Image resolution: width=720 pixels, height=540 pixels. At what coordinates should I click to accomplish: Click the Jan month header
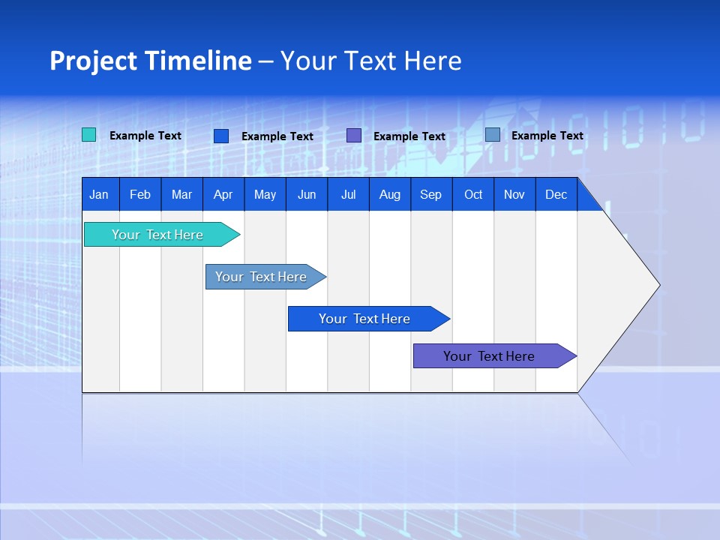pyautogui.click(x=100, y=194)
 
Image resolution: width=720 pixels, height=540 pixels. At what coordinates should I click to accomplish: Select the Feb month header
pyautogui.click(x=140, y=194)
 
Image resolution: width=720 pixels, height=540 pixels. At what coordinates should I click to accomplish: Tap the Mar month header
pyautogui.click(x=181, y=194)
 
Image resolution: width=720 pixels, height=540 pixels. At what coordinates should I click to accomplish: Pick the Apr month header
pyautogui.click(x=223, y=194)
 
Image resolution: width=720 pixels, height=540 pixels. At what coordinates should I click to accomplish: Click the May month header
pyautogui.click(x=265, y=194)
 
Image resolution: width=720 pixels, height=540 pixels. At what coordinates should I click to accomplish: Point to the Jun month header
pyautogui.click(x=307, y=194)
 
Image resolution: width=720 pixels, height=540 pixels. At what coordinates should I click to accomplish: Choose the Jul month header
pyautogui.click(x=348, y=194)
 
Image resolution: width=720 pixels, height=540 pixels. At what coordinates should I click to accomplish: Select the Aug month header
pyautogui.click(x=390, y=194)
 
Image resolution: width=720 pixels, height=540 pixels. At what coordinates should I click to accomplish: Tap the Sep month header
pyautogui.click(x=431, y=194)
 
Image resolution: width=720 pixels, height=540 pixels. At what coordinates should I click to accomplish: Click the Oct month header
pyautogui.click(x=473, y=194)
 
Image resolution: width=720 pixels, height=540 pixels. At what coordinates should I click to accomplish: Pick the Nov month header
pyautogui.click(x=514, y=194)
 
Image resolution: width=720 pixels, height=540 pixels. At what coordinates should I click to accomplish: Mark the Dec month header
pyautogui.click(x=556, y=194)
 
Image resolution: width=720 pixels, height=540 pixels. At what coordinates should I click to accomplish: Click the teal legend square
pyautogui.click(x=89, y=135)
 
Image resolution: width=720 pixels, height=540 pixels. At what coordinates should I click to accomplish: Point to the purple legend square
pyautogui.click(x=354, y=136)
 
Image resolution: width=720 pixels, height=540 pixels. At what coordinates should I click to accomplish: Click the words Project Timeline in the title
pyautogui.click(x=151, y=61)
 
